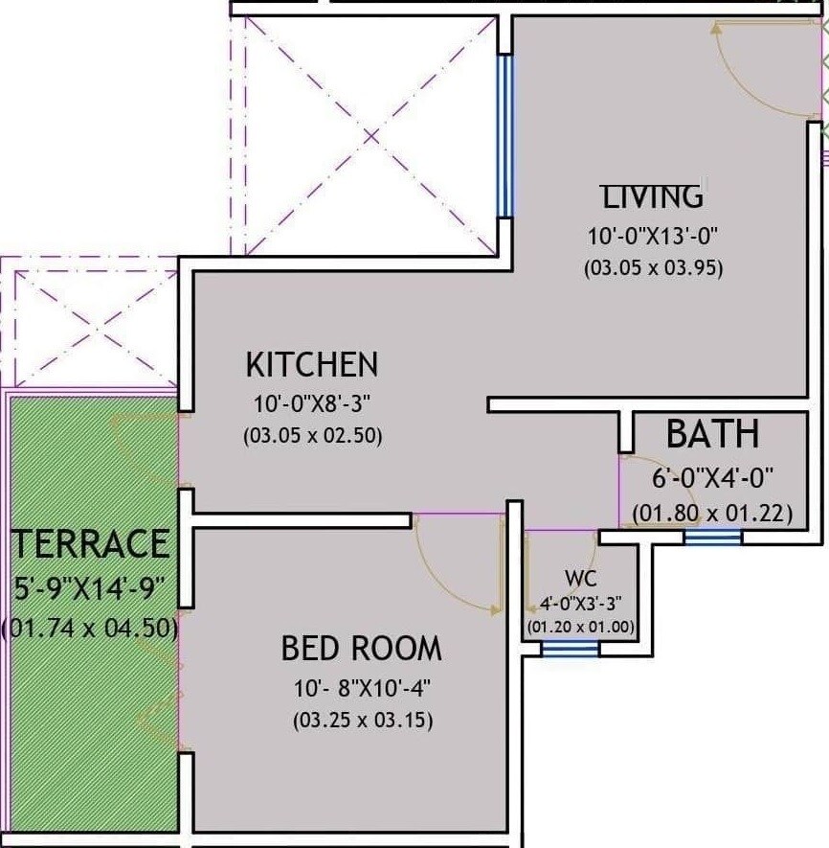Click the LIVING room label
(653, 196)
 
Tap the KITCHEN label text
(312, 365)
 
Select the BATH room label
(712, 434)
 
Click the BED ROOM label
(361, 649)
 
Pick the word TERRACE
(91, 543)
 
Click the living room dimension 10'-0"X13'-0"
(653, 236)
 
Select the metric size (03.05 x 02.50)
(312, 436)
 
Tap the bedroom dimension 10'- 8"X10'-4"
(361, 687)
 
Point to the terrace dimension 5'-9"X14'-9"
(91, 586)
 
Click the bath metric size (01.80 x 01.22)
(712, 514)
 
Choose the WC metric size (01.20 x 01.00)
(580, 628)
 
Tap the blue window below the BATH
(712, 539)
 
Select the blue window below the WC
(571, 649)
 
